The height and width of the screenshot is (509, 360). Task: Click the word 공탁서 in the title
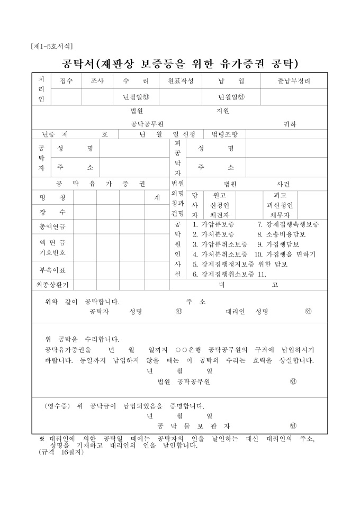pyautogui.click(x=78, y=64)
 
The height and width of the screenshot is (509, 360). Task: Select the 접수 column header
pyautogui.click(x=66, y=81)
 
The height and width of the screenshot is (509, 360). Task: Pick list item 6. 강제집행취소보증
pyautogui.click(x=223, y=274)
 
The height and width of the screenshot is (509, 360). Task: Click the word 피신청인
pyautogui.click(x=280, y=205)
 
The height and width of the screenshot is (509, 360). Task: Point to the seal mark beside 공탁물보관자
pyautogui.click(x=293, y=425)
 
